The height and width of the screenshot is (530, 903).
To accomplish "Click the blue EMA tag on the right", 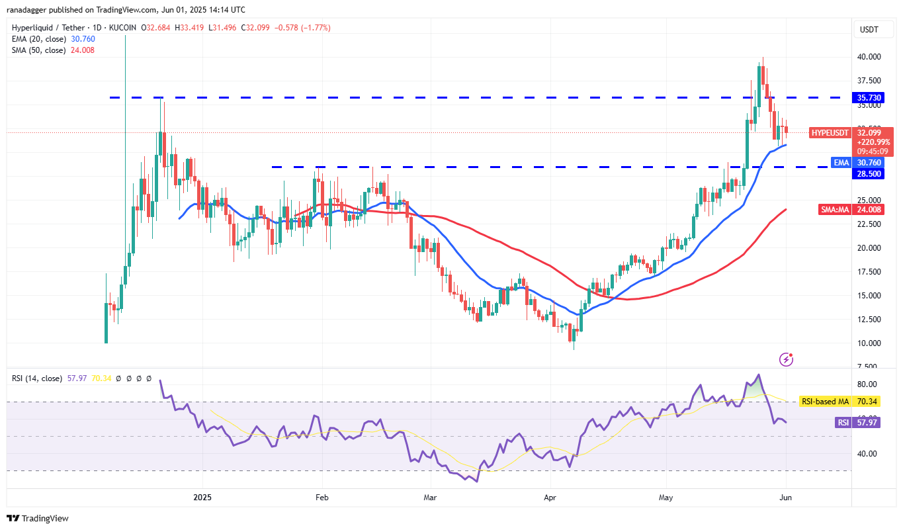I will click(x=840, y=162).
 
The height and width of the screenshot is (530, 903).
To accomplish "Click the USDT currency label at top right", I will click(x=869, y=29).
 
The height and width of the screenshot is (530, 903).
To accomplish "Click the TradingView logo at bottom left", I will click(x=38, y=518).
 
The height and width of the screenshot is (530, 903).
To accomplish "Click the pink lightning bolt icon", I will click(x=787, y=359).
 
